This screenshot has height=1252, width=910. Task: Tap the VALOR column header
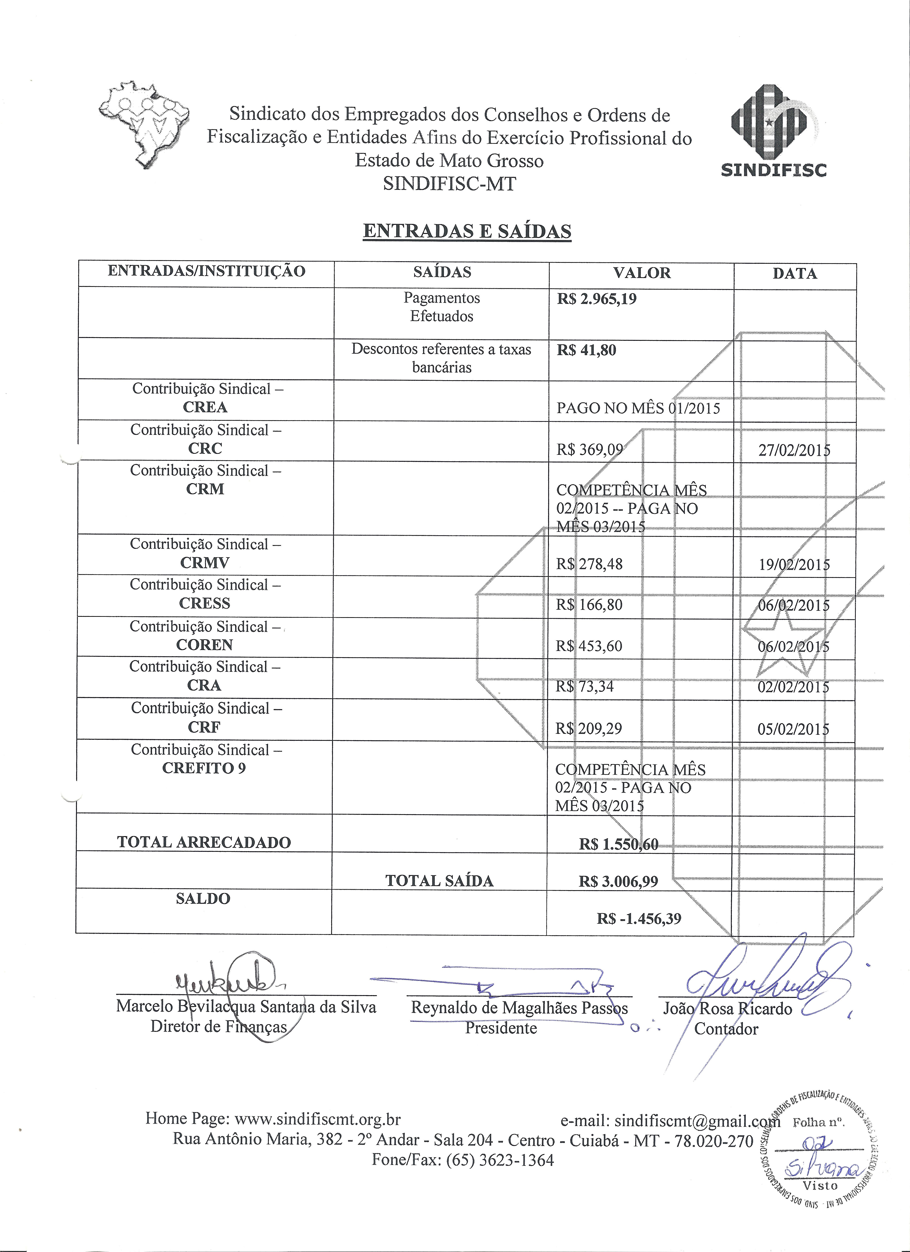pos(642,273)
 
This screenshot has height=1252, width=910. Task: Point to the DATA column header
pos(795,273)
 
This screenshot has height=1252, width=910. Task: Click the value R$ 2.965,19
pos(597,299)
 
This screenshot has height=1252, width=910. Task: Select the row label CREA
pos(205,407)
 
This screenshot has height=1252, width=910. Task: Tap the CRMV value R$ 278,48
pos(589,564)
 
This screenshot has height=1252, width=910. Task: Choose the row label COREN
pos(205,645)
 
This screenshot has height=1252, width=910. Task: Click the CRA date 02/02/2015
pos(794,687)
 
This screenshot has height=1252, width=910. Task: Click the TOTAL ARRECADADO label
pos(204,842)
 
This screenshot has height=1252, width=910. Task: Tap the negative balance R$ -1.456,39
pos(639,919)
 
